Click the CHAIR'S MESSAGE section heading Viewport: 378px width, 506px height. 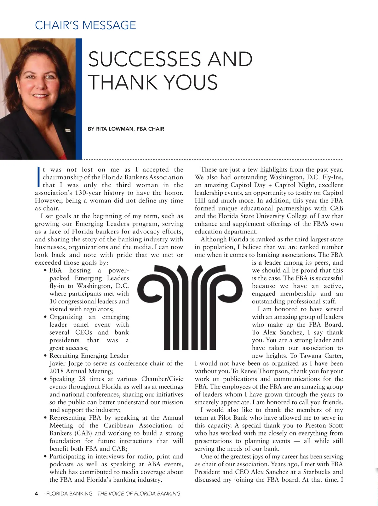85,25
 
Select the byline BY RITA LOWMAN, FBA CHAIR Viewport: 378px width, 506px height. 126,129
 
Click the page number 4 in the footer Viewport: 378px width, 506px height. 36,493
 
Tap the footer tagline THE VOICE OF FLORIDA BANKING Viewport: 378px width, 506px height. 139,493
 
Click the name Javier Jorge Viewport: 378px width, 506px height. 67,363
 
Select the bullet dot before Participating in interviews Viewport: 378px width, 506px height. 46,457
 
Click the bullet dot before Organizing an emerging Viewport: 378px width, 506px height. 46,317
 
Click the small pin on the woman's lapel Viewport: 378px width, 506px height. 68,130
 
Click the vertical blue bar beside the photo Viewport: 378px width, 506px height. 79,99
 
